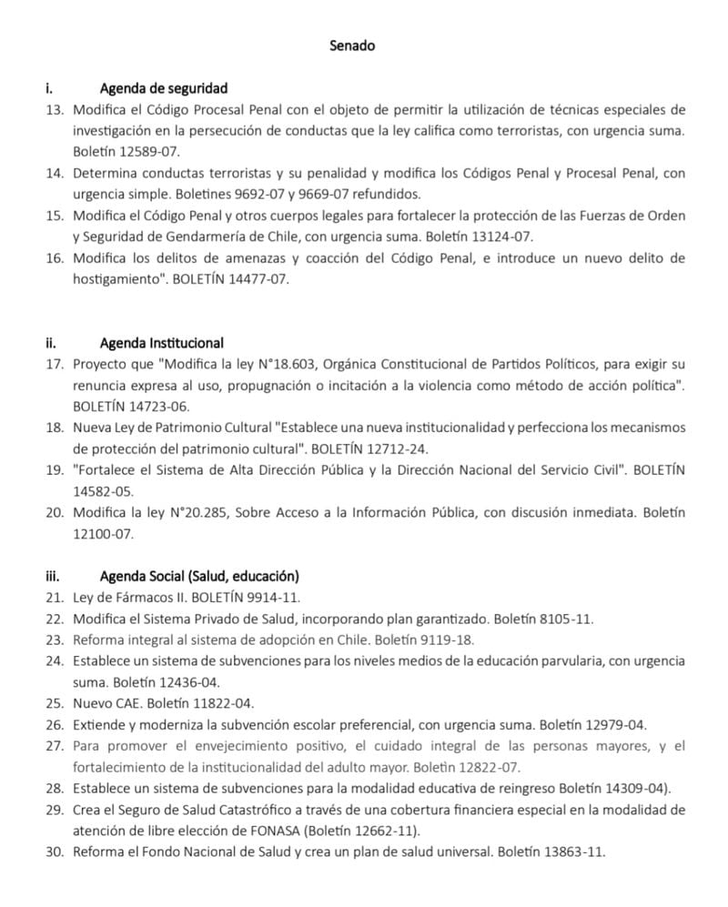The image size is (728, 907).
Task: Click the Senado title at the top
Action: (352, 45)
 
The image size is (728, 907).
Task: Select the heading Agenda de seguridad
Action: (163, 88)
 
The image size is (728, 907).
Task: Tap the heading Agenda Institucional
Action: (161, 343)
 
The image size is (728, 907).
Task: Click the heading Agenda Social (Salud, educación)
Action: (199, 577)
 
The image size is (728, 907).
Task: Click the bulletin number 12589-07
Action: (134, 152)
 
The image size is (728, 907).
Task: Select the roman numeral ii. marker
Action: (51, 343)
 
